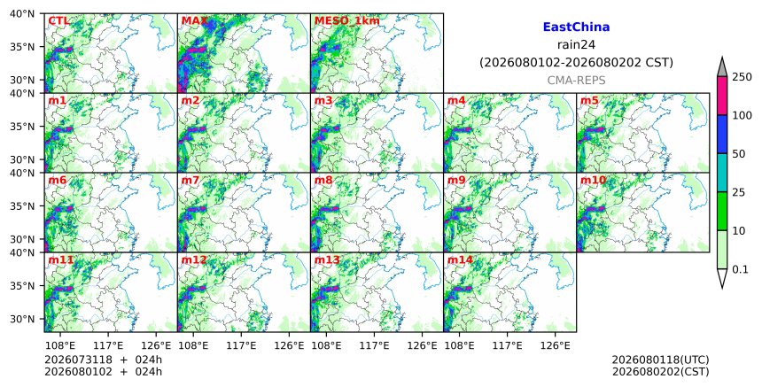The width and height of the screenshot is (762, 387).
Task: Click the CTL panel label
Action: (58, 21)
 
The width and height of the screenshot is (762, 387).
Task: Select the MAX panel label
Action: (194, 21)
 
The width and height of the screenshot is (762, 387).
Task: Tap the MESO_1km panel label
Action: (347, 21)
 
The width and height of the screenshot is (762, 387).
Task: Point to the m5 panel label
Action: (589, 100)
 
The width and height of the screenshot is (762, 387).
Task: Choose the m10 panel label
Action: (593, 180)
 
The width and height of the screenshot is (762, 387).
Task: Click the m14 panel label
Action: (460, 259)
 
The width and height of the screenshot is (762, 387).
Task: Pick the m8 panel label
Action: (323, 180)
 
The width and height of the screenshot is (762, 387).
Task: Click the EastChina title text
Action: (576, 27)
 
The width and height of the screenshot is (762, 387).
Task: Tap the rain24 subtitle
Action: (576, 45)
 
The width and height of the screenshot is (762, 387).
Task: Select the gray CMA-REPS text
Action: (576, 80)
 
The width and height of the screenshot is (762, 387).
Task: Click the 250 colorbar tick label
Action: (742, 77)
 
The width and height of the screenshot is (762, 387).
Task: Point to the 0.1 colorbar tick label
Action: (741, 269)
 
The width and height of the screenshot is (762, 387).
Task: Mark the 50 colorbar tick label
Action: (739, 154)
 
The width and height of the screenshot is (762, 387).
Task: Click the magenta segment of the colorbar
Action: (722, 96)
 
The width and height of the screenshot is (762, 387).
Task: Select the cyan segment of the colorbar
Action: (722, 173)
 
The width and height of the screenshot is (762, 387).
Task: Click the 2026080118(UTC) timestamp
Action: (660, 360)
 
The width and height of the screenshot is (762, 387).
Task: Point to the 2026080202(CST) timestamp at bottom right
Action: (660, 372)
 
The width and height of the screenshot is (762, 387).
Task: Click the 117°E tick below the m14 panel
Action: (508, 345)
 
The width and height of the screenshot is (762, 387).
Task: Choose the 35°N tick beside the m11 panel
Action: (22, 285)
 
